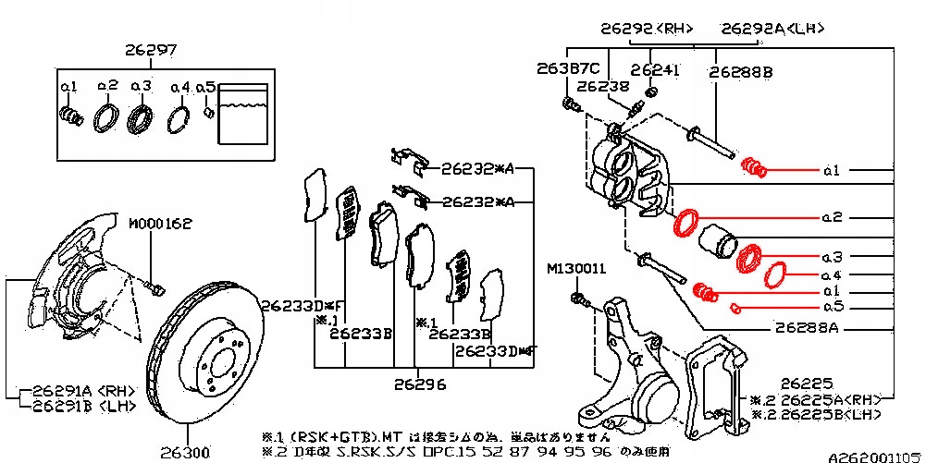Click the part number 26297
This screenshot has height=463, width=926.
[151, 50]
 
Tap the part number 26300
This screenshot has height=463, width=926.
[184, 453]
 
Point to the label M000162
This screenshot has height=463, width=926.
[159, 224]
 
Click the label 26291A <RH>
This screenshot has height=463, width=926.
[78, 390]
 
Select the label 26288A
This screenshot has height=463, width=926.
[807, 327]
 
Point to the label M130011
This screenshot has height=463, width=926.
[575, 269]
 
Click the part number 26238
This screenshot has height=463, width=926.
[601, 86]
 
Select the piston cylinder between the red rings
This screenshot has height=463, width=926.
[716, 241]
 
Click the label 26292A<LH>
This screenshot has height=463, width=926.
[773, 29]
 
